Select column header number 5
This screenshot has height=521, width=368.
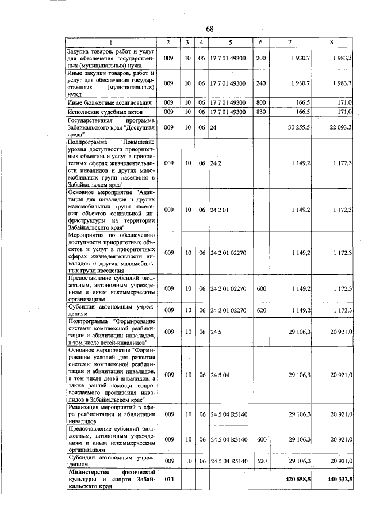[x=230, y=43]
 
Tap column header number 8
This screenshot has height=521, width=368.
[x=331, y=43]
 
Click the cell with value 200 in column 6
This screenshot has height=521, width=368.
[x=261, y=59]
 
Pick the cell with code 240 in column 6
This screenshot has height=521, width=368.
[x=261, y=83]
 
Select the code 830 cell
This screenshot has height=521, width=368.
[x=261, y=112]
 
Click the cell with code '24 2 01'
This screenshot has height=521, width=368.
[x=220, y=210]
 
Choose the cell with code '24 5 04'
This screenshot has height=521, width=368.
[x=220, y=375]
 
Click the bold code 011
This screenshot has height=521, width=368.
[x=169, y=478]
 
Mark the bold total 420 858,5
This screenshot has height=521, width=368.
[x=298, y=478]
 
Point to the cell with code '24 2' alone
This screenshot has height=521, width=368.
[x=216, y=163]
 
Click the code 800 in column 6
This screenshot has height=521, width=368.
[x=261, y=102]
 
